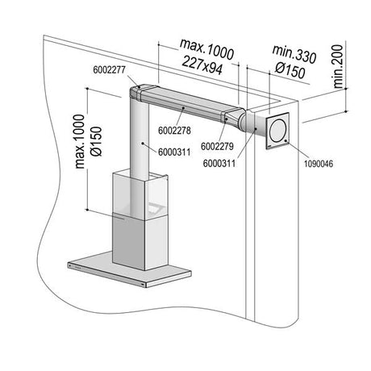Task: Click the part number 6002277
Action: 109,70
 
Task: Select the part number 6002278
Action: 174,131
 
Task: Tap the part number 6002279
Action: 217,146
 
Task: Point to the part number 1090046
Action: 319,164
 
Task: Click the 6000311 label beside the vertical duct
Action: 174,152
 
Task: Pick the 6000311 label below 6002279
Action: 219,163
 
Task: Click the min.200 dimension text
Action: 338,67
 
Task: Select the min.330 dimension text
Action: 294,54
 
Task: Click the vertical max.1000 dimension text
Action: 80,142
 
